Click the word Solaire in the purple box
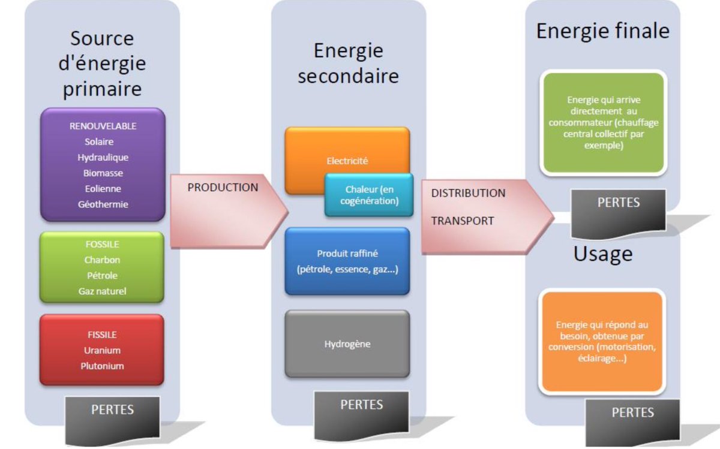click(99, 142)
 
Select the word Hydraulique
click(103, 158)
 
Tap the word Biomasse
click(103, 173)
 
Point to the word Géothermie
click(103, 204)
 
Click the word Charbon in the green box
click(102, 260)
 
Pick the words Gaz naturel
click(102, 291)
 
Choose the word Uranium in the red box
click(102, 350)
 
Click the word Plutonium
click(102, 365)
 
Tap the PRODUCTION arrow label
click(223, 188)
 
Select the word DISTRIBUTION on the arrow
click(468, 194)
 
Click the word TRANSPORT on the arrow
click(462, 221)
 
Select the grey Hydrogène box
click(347, 345)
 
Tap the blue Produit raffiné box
click(347, 261)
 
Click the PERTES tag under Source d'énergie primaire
click(112, 411)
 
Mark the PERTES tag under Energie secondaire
click(361, 405)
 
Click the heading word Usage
click(602, 254)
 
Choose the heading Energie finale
click(602, 31)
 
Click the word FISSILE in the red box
click(102, 335)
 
